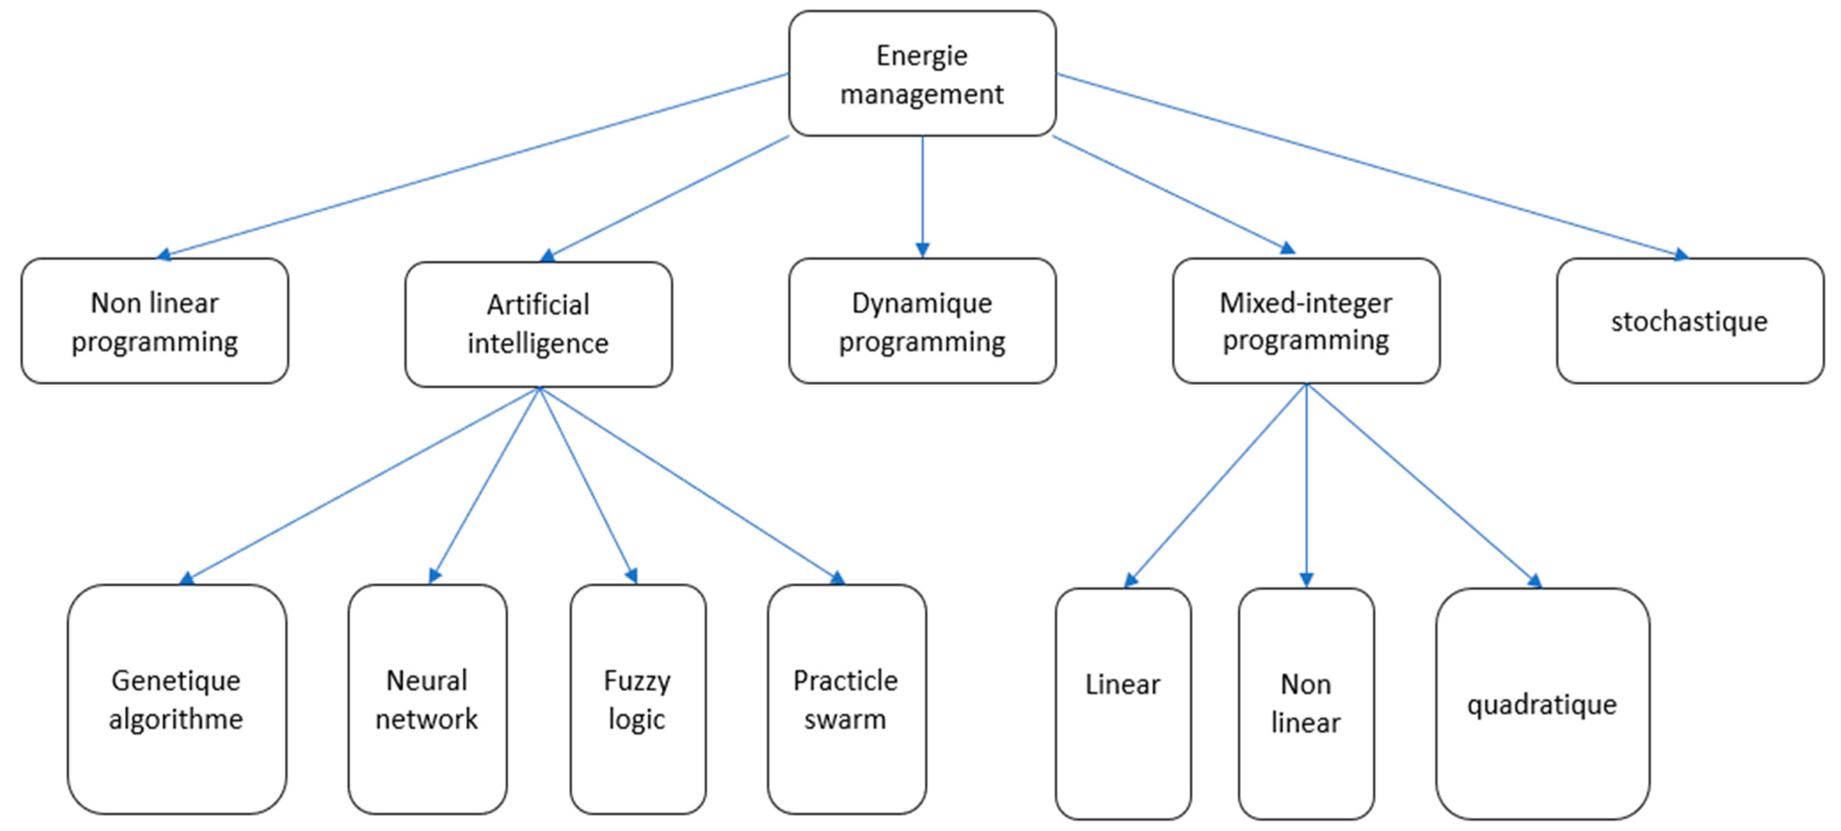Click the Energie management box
[x=922, y=74]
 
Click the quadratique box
[x=1542, y=704]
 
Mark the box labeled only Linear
[x=1123, y=704]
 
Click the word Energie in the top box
[x=922, y=56]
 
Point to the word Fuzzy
[x=637, y=681]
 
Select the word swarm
[x=845, y=719]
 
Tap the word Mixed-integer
[x=1306, y=303]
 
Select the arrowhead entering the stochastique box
[x=1681, y=254]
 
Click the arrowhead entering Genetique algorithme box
[x=187, y=578]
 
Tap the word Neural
[x=427, y=680]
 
